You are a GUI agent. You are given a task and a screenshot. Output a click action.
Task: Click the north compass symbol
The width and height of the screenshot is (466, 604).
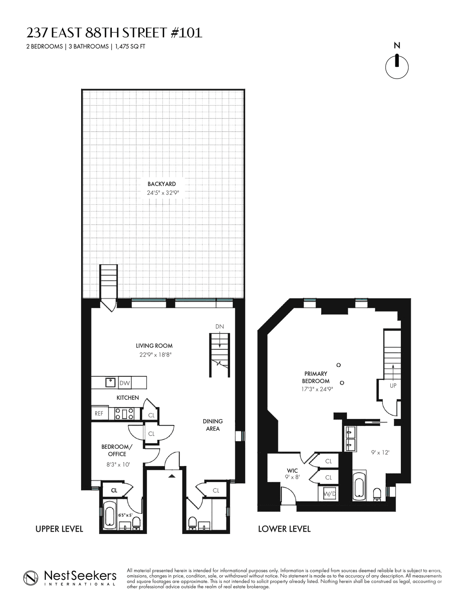pyautogui.click(x=397, y=67)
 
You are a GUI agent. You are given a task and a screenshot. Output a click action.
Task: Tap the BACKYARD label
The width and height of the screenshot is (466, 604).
pyautogui.click(x=162, y=184)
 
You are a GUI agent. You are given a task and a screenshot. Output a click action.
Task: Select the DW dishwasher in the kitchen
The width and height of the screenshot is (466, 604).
pyautogui.click(x=125, y=383)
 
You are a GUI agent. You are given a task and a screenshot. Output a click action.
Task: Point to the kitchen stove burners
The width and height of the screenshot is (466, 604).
pyautogui.click(x=124, y=413)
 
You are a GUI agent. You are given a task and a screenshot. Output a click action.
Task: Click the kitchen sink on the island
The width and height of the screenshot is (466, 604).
pyautogui.click(x=110, y=382)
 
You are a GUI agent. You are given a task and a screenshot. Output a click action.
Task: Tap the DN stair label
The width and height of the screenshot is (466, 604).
pyautogui.click(x=219, y=327)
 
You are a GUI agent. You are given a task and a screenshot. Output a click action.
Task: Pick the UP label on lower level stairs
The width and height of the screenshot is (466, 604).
pyautogui.click(x=393, y=385)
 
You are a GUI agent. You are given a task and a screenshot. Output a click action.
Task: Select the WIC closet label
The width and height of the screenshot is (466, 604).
pyautogui.click(x=292, y=471)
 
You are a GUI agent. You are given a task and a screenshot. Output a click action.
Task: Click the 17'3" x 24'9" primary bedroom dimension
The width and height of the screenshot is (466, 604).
pyautogui.click(x=317, y=389)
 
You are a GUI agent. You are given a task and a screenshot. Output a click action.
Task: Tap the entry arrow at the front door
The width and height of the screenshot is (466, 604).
pyautogui.click(x=172, y=476)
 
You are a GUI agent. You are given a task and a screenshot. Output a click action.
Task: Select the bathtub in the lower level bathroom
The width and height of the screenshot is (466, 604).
pyautogui.click(x=359, y=488)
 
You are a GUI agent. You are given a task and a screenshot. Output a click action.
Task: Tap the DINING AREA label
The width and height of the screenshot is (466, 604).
pyautogui.click(x=213, y=425)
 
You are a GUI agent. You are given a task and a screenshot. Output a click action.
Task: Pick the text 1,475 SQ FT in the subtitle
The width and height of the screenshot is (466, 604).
pyautogui.click(x=130, y=46)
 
